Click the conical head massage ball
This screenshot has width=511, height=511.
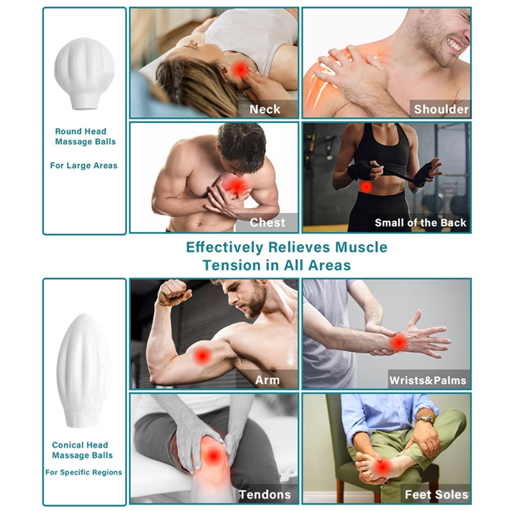pos(84,370)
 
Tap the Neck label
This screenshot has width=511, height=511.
pos(264,109)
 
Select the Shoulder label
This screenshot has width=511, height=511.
pos(441,109)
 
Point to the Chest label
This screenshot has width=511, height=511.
pos(267,222)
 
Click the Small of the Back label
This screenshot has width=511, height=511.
pos(420,222)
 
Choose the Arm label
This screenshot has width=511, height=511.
pos(267,380)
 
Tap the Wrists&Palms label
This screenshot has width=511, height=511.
pos(428,380)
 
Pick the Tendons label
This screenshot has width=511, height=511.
pos(264,494)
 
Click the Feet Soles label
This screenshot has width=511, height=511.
pos(436,494)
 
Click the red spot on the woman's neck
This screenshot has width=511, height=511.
pos(241,70)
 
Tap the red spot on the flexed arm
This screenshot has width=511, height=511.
pos(202,355)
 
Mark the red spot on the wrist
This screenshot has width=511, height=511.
pos(399,342)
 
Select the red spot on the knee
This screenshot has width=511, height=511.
pos(213,455)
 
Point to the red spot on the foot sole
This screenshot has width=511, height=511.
pos(383,468)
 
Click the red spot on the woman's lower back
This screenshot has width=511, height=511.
pos(366,187)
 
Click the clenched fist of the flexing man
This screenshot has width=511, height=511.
pos(173,293)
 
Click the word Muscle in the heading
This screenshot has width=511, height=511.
pos(361,247)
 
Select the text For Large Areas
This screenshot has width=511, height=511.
pos(84,165)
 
